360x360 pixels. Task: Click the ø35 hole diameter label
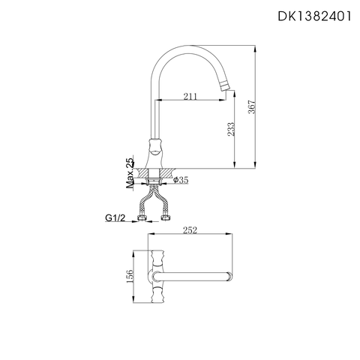pyautogui.click(x=182, y=180)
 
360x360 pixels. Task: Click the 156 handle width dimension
pyautogui.click(x=129, y=276)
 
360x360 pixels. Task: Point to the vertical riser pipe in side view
pyautogui.click(x=157, y=112)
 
